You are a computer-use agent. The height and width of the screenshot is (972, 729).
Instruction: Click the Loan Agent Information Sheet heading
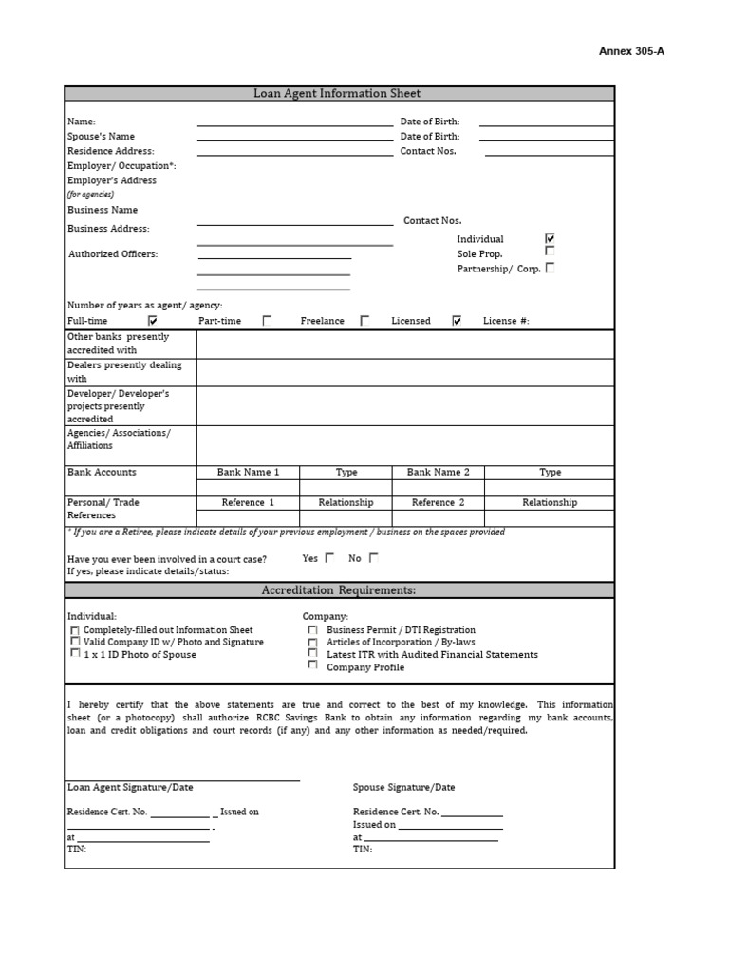[x=337, y=93]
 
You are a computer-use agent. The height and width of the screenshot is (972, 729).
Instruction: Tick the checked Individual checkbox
[x=550, y=238]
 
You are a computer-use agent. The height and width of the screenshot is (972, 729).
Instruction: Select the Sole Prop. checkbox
[x=550, y=252]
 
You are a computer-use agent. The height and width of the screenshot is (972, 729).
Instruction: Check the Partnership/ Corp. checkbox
[x=551, y=268]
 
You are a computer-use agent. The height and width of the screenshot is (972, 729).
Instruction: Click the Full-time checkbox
[x=153, y=321]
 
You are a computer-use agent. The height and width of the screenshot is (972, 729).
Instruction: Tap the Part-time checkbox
[x=267, y=321]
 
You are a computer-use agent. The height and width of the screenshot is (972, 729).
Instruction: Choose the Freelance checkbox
[x=364, y=321]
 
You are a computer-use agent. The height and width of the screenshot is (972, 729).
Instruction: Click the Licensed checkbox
[x=457, y=321]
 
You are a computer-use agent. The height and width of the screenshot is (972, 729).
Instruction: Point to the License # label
[x=506, y=321]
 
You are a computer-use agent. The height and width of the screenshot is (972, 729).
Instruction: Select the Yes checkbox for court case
[x=330, y=558]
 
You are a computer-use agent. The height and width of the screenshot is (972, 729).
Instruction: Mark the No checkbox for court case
[x=374, y=558]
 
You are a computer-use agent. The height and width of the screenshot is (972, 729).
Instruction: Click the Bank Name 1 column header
[x=248, y=472]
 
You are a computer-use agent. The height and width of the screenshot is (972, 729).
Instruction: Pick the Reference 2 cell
[x=438, y=502]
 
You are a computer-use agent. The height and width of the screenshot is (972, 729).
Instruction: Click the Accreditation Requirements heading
[x=338, y=590]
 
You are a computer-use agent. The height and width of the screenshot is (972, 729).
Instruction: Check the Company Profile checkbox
[x=312, y=665]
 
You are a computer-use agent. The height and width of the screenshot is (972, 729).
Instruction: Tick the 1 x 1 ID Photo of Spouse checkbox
[x=75, y=654]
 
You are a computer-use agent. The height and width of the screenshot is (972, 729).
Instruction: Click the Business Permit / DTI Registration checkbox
[x=312, y=629]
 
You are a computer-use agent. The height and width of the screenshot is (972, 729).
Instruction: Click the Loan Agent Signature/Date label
[x=130, y=787]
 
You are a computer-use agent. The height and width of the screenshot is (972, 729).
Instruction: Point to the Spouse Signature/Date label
[x=403, y=787]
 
